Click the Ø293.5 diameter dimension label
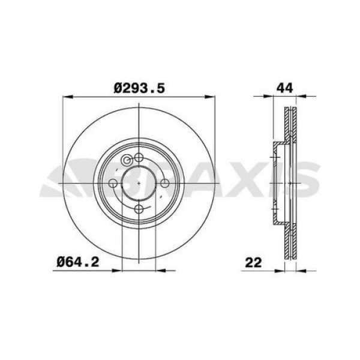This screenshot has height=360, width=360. point(139,88)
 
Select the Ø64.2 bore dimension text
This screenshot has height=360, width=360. point(78,262)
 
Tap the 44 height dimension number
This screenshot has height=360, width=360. point(284,88)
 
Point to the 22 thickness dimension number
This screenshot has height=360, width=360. point(253,262)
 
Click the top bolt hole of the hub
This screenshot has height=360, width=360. point(139,157)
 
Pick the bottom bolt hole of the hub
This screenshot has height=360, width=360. point(139,209)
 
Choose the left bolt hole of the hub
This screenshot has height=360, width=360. point(113,183)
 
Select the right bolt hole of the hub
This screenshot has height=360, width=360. point(164,183)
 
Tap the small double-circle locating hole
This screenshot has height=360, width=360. point(127,160)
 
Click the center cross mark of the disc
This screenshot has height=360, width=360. point(139,183)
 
